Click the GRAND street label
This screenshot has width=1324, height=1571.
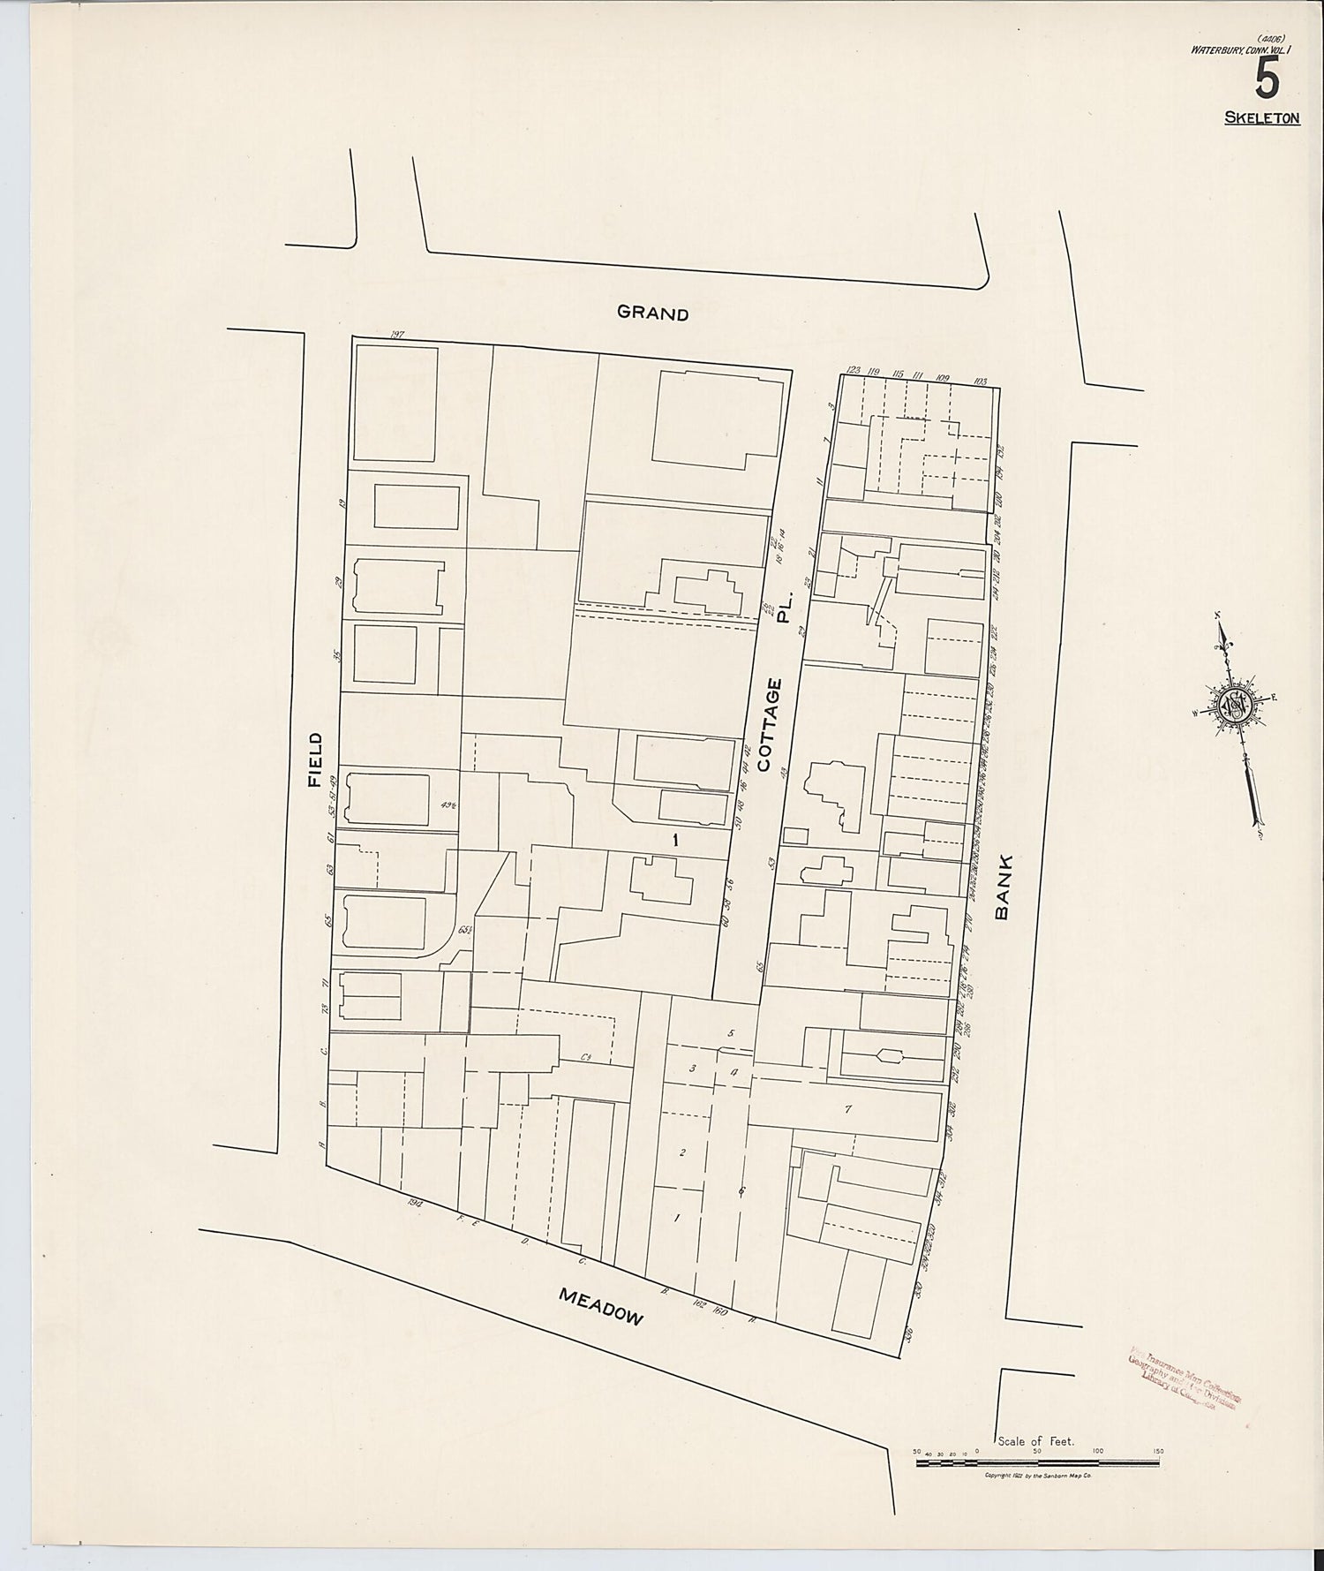(x=652, y=313)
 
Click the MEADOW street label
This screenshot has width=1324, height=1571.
(x=601, y=1307)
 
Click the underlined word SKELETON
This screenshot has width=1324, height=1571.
(x=1261, y=117)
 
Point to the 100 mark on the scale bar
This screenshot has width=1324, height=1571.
(x=1098, y=1451)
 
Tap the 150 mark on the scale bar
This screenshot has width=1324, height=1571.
(x=1157, y=1451)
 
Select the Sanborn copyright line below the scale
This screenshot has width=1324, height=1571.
(x=1038, y=1476)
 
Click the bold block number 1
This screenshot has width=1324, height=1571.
(x=675, y=841)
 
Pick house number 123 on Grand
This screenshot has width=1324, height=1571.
(x=853, y=371)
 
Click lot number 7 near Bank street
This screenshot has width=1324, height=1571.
(x=847, y=1109)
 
